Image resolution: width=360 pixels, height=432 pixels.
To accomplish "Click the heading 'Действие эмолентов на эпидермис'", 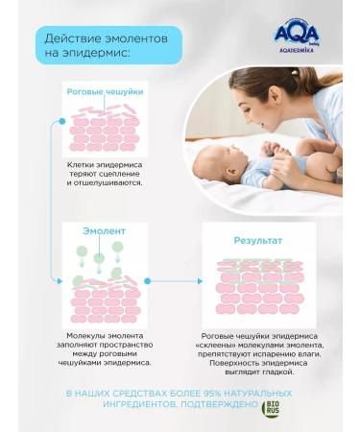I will point(107,45).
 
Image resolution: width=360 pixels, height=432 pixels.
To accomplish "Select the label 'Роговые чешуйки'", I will point(106,91).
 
